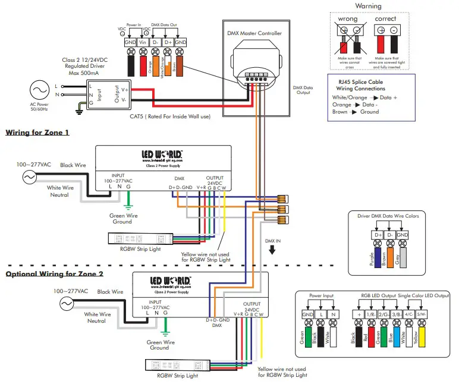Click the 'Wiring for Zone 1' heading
click(x=37, y=132)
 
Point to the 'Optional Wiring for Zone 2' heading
click(x=55, y=274)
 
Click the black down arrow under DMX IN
click(x=272, y=250)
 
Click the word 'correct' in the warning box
click(x=386, y=19)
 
